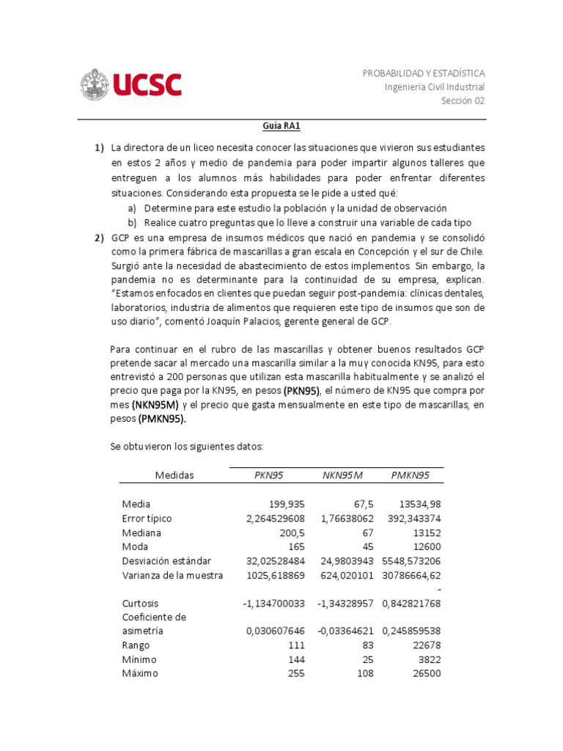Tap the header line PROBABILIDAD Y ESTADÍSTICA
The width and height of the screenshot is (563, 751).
pos(424,73)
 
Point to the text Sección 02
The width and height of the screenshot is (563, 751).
pos(463,101)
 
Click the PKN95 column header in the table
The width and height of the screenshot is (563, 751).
pos(268,475)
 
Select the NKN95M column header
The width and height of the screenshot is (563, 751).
pos(342,475)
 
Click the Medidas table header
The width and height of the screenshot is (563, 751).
pos(174,475)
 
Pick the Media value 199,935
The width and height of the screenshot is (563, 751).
pos(284,504)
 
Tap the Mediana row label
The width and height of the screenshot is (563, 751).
pos(141,532)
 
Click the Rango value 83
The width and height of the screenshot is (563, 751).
pos(367,645)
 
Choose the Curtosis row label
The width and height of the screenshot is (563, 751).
pos(140,603)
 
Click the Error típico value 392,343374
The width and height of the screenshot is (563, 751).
pos(413,519)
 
